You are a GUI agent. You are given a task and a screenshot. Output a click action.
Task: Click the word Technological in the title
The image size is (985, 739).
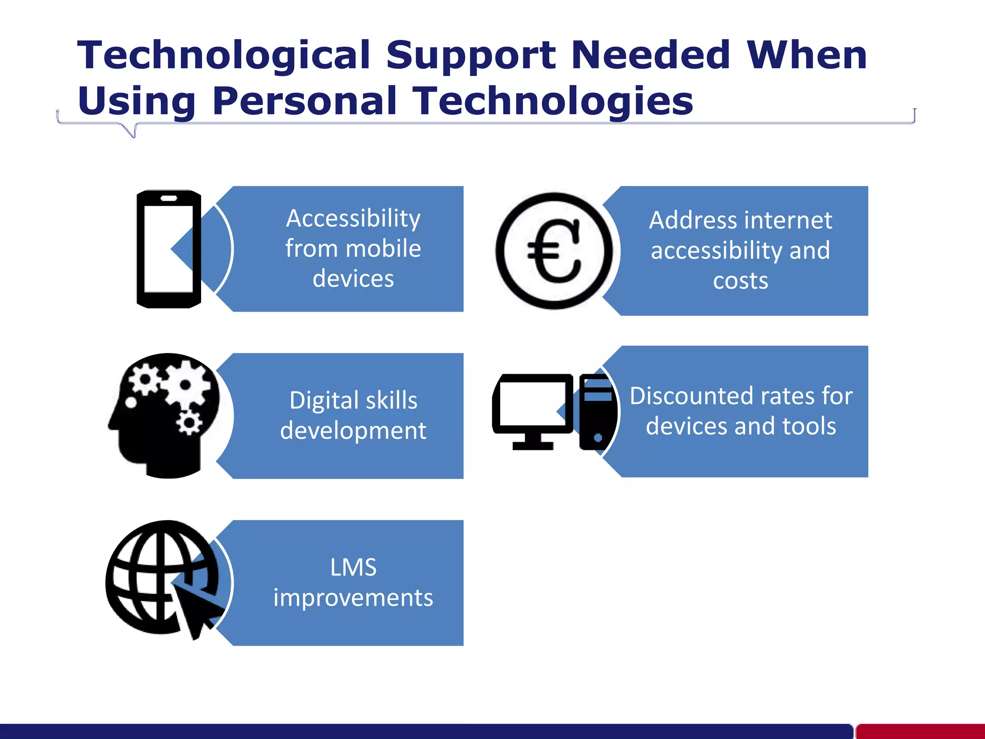[224, 55]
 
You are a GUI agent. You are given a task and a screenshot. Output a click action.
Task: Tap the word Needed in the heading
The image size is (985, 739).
[651, 55]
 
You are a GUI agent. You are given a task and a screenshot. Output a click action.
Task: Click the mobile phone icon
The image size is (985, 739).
[168, 249]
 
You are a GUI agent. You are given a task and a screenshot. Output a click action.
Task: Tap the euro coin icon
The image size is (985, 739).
[554, 251]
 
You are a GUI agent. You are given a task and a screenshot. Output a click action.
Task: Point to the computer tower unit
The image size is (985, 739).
[597, 412]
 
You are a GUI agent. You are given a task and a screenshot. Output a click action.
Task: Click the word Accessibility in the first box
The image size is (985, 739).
[353, 218]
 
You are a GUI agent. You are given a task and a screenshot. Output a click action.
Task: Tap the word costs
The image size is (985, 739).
[740, 280]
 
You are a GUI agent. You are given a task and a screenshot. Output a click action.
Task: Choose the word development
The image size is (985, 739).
[353, 431]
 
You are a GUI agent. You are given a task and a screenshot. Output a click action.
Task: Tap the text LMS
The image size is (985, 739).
[353, 567]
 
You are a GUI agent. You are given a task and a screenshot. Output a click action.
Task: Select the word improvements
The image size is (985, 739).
[353, 598]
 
